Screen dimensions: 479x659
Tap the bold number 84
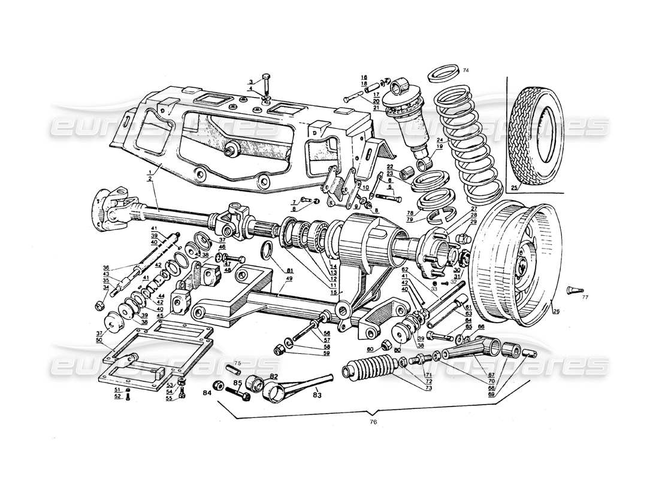click(x=207, y=393)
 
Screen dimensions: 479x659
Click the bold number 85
click(x=238, y=384)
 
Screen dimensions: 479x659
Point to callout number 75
click(x=238, y=363)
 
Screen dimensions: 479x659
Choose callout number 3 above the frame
click(x=252, y=81)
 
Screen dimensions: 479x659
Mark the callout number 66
click(x=480, y=328)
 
